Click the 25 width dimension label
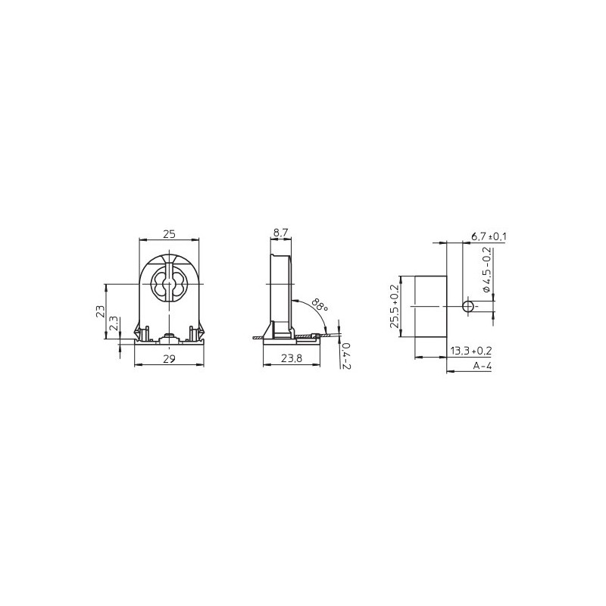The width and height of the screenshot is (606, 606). (169, 234)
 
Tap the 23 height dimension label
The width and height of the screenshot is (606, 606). (100, 311)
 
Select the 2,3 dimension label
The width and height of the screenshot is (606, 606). (114, 323)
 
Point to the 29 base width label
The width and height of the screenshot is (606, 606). (169, 359)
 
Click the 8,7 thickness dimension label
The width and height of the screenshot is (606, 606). (281, 233)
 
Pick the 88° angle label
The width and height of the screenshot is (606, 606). (320, 305)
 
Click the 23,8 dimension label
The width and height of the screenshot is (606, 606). (292, 359)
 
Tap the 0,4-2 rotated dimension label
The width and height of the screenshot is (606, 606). (346, 355)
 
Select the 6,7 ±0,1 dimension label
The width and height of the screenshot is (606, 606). (489, 236)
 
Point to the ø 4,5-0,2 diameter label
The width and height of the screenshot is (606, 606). (487, 270)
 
